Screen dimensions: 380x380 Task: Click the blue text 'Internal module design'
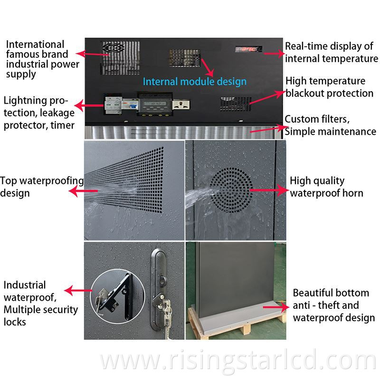[x=195, y=81]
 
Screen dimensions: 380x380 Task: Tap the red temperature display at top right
[x=247, y=49]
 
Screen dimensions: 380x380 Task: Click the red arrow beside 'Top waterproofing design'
[x=81, y=190]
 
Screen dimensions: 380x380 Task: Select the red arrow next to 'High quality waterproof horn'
[x=269, y=190]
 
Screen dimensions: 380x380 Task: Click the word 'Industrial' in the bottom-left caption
[x=25, y=285]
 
